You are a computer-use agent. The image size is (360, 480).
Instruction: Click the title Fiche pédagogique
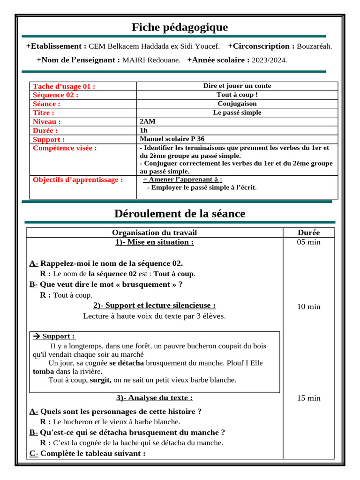click(x=180, y=27)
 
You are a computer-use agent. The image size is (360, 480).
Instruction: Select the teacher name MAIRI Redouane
click(x=151, y=60)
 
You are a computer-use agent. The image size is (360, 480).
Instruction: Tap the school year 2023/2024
click(x=270, y=60)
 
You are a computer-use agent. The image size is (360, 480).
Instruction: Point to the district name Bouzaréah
click(x=315, y=46)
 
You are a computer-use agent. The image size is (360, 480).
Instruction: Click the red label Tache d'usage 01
click(x=64, y=86)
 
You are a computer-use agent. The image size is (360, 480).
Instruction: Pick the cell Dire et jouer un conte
click(x=237, y=86)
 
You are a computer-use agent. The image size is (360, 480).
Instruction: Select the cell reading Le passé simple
click(x=237, y=112)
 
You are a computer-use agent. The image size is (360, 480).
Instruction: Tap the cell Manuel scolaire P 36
click(x=172, y=139)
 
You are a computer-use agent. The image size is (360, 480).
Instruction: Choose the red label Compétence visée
click(x=65, y=148)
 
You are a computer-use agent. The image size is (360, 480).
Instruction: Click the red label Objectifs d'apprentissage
click(x=78, y=180)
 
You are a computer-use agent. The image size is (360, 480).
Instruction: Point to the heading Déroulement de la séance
click(x=180, y=214)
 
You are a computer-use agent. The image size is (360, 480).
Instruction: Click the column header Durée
click(x=308, y=232)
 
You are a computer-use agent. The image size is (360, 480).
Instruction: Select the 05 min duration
click(x=308, y=242)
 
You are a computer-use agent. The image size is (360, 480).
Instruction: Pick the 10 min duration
click(x=308, y=307)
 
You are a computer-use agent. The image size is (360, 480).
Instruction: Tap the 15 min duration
click(x=308, y=398)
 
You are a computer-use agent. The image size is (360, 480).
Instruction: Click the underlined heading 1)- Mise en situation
click(x=154, y=242)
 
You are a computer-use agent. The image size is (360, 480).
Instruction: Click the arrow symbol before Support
click(x=37, y=336)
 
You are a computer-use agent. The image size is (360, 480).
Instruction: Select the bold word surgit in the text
click(x=100, y=380)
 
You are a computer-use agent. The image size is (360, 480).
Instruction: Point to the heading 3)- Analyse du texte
click(x=154, y=397)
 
